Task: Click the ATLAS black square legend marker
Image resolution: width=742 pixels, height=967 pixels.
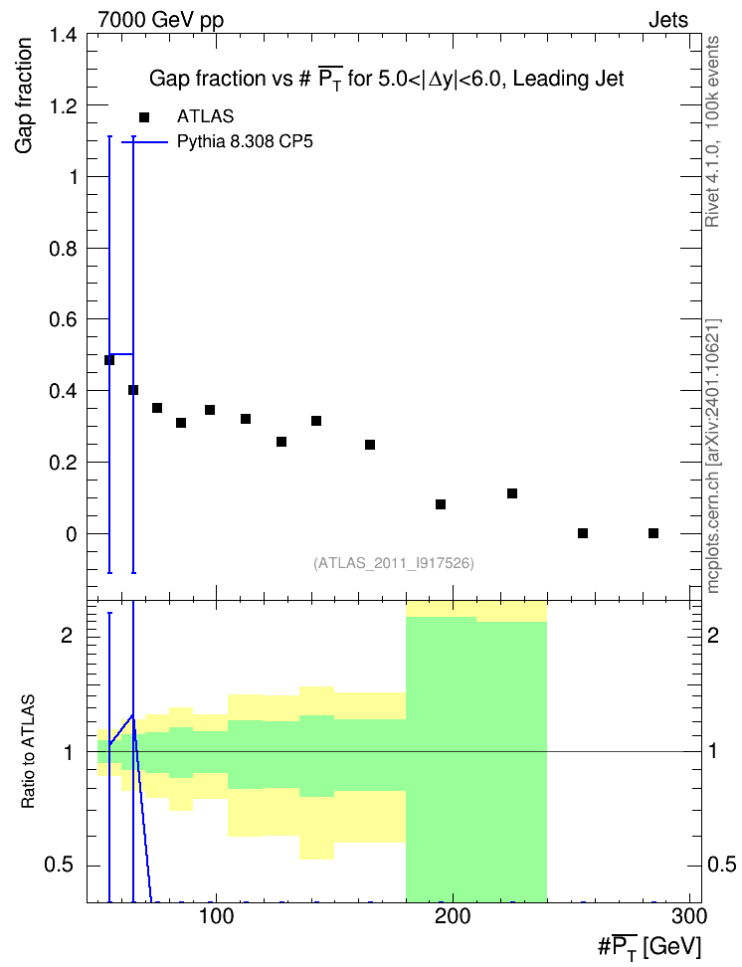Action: [144, 116]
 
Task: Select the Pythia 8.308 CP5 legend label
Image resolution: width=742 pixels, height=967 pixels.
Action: [245, 142]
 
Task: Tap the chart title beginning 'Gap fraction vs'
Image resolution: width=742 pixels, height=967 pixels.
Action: [387, 79]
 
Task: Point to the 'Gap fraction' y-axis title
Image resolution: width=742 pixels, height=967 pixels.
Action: [24, 96]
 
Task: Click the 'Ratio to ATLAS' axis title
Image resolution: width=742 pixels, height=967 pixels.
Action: [28, 752]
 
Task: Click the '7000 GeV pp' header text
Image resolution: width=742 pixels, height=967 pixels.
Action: [160, 20]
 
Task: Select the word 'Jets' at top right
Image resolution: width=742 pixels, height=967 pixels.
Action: [668, 20]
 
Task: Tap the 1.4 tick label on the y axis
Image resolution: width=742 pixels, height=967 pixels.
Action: [64, 35]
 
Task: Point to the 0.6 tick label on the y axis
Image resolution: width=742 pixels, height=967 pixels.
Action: [64, 319]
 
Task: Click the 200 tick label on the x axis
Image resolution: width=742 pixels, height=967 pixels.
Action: [453, 916]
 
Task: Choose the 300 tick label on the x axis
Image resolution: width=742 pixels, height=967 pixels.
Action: [689, 916]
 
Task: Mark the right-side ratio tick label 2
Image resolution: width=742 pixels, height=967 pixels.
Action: [713, 635]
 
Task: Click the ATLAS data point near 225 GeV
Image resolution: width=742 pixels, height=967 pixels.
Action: [512, 493]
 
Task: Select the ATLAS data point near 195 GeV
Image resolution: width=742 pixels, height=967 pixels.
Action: [441, 504]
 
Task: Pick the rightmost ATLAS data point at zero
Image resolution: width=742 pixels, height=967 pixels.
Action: [653, 533]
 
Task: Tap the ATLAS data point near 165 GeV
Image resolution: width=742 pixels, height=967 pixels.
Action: [370, 445]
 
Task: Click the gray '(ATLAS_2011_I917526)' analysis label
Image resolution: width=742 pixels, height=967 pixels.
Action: [394, 563]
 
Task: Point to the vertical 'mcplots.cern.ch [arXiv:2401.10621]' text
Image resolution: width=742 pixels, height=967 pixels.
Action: [713, 456]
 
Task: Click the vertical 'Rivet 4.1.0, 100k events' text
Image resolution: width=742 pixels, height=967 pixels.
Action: [712, 131]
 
